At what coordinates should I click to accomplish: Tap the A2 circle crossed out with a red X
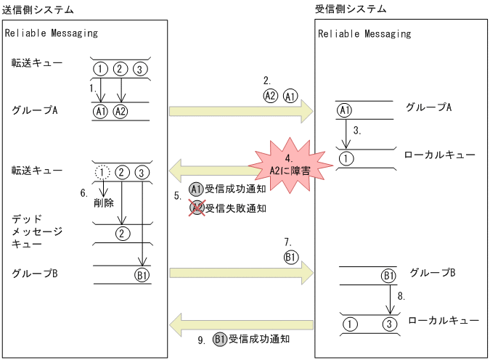[196, 208]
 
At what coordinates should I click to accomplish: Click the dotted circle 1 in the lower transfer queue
[102, 172]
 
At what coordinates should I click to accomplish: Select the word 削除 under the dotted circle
[104, 203]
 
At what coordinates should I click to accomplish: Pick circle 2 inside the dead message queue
[123, 233]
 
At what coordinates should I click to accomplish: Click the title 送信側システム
[38, 9]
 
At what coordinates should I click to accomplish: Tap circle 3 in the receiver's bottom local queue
[389, 324]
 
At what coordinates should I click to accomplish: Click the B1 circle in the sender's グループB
[142, 275]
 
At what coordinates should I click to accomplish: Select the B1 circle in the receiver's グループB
[388, 276]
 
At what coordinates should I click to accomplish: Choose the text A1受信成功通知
[228, 189]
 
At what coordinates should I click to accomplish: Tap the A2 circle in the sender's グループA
[121, 111]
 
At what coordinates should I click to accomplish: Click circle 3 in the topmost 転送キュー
[141, 69]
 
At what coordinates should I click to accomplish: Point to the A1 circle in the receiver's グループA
[345, 110]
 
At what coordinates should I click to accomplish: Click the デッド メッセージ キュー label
[36, 231]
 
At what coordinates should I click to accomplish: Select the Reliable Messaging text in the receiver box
[364, 33]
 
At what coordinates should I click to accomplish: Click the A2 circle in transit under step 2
[270, 95]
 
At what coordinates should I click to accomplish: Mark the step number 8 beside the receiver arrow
[401, 297]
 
